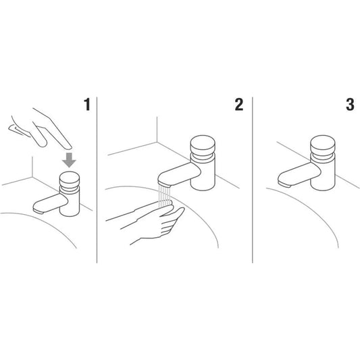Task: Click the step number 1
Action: click(x=87, y=105)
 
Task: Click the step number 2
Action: click(x=239, y=105)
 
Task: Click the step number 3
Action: click(x=350, y=105)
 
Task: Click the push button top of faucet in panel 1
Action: click(x=70, y=178)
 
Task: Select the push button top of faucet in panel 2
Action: click(x=203, y=143)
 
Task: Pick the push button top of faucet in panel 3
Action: click(x=323, y=143)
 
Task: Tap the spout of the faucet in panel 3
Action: click(x=299, y=175)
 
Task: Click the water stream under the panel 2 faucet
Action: click(x=165, y=197)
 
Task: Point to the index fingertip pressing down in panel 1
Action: click(x=68, y=147)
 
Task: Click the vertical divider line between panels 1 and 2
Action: click(x=97, y=180)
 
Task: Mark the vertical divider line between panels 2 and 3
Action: click(x=253, y=180)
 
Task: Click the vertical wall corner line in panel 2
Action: click(x=157, y=130)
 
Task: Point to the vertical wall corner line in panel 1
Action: click(x=32, y=167)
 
